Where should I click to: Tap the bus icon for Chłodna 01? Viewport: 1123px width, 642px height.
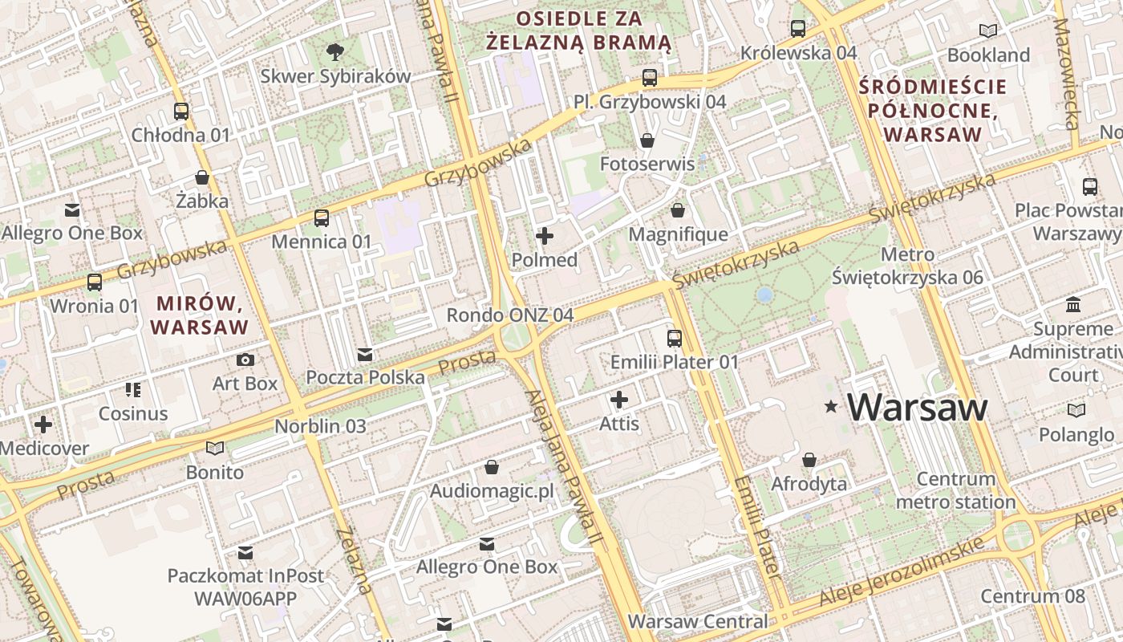coord(181,112)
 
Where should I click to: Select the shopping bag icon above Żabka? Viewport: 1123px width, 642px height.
coord(202,177)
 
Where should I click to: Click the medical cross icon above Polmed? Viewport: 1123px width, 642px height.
coord(545,236)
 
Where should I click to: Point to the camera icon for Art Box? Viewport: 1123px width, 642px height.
coord(245,360)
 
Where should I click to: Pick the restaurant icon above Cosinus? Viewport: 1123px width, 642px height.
coord(133,390)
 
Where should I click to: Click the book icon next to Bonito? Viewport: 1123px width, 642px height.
coord(214,448)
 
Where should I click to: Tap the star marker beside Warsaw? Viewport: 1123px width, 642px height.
coord(831,408)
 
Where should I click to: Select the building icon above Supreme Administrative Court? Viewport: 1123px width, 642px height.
coord(1073,306)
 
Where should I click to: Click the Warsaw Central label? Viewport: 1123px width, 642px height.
coord(697,621)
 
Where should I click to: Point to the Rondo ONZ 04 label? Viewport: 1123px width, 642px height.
coord(510,315)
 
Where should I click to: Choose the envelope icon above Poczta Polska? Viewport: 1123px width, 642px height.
coord(365,354)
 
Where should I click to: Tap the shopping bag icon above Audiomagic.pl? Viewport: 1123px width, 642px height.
coord(492,467)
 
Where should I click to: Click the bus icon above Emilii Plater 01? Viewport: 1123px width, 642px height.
coord(675,339)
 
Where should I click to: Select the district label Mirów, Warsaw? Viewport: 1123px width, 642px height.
coord(199,315)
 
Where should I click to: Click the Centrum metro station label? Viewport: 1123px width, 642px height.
coord(955,490)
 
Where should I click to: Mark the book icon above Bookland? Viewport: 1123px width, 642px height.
coord(988,31)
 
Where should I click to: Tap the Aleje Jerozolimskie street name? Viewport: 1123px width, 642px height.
coord(901,572)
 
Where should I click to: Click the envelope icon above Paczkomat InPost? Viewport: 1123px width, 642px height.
coord(245,553)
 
